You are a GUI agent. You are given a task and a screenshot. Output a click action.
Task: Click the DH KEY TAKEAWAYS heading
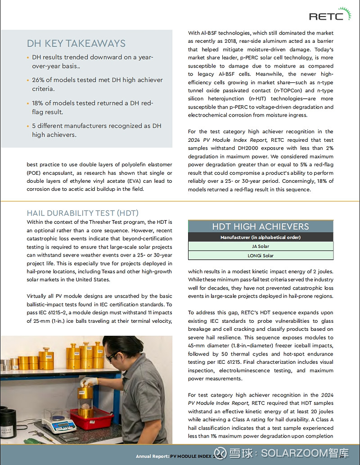coord(76,43)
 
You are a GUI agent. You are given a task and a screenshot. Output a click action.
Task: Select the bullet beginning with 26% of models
coord(97,84)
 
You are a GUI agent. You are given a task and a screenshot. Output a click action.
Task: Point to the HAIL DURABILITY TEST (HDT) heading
coord(82,213)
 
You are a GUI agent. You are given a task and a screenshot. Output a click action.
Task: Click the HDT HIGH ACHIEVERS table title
coord(261,226)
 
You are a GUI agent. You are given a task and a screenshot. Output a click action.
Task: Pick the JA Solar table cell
coord(261,246)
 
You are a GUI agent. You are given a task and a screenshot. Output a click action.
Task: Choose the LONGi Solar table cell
coord(261,255)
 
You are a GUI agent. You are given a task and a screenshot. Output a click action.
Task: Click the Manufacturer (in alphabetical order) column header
coord(261,237)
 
